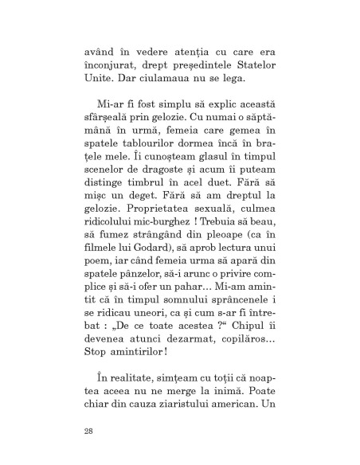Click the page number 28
[87, 432]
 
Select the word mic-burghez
[179, 238]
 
